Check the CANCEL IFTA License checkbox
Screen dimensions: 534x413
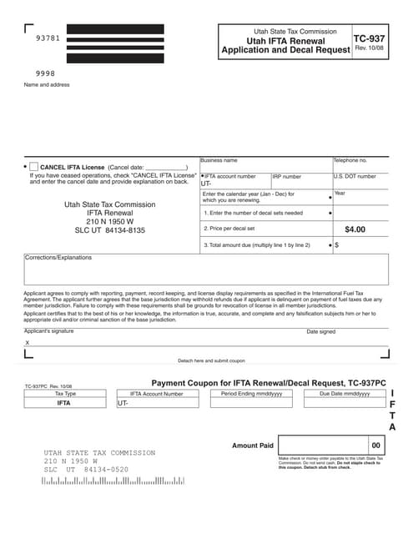[x=34, y=167]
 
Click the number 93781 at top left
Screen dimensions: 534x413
[x=48, y=38]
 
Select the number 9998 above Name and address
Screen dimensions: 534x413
[x=45, y=73]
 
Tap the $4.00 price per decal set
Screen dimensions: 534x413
[x=355, y=229]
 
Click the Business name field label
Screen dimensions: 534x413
[x=219, y=160]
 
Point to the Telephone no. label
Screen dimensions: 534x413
[x=350, y=160]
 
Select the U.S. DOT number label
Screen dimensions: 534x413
[x=355, y=177]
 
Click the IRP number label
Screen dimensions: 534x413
[x=287, y=177]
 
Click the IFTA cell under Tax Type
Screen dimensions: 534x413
[x=63, y=402]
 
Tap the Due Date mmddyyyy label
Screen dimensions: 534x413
[x=344, y=393]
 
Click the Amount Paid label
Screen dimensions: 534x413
[x=253, y=446]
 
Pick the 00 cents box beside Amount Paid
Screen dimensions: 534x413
[x=375, y=446]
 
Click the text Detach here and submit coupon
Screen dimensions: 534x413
[x=212, y=360]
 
